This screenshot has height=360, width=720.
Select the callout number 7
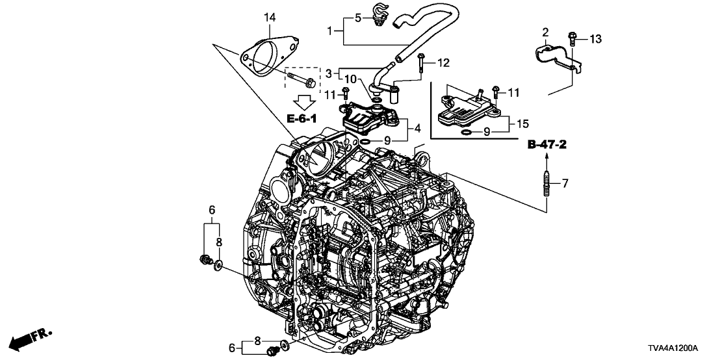point(565,184)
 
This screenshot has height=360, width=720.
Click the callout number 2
point(546,32)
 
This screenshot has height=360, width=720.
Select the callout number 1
point(330,30)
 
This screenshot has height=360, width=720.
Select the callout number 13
point(596,40)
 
